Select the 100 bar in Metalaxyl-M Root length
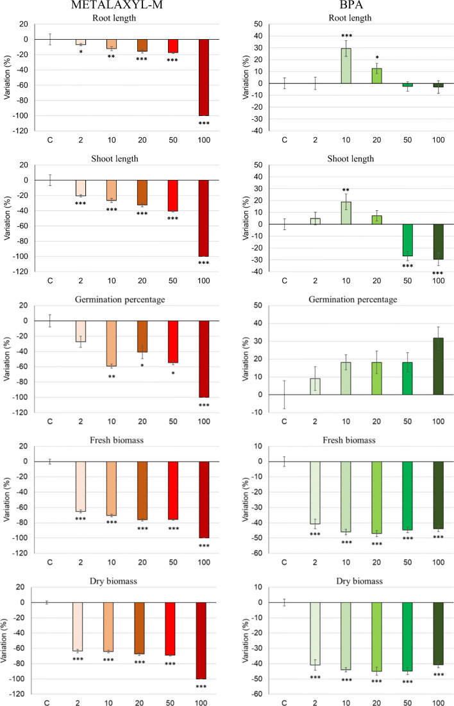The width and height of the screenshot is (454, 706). point(204,77)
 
